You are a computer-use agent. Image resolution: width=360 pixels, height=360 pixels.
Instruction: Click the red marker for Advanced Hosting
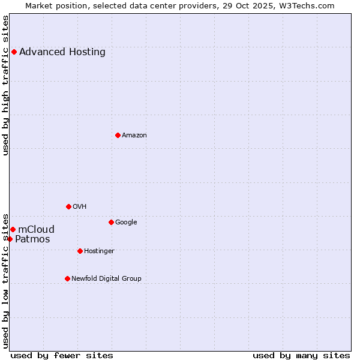pos(14,52)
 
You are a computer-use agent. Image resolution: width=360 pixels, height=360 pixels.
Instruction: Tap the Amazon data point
pos(118,135)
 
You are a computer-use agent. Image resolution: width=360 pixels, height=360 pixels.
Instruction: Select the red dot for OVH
pos(68,206)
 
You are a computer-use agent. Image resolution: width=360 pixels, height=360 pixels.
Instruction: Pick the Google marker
pos(111,222)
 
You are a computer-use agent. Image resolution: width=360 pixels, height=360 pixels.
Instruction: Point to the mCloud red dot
pos(13,229)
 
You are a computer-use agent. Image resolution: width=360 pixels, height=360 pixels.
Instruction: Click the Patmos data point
pos(10,239)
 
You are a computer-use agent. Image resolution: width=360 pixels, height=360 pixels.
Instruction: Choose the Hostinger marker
pos(80,251)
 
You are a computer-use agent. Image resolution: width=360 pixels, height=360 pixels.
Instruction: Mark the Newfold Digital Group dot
pos(67,278)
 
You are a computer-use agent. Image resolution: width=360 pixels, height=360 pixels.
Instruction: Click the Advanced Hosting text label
pos(62,52)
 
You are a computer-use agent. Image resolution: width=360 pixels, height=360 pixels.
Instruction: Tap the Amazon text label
pos(134,135)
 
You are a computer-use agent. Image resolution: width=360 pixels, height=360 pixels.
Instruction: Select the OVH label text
pos(80,206)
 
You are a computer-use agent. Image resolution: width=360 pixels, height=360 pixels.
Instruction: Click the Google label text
pos(126,222)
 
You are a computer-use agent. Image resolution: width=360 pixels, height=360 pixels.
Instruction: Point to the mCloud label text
pos(37,229)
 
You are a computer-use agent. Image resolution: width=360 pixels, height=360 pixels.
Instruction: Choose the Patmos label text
pos(32,239)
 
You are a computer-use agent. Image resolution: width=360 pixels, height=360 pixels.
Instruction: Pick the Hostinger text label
pos(99,251)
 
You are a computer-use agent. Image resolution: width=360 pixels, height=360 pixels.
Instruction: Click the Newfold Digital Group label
pos(106,278)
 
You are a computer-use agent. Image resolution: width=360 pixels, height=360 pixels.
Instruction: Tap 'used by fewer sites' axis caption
pos(62,355)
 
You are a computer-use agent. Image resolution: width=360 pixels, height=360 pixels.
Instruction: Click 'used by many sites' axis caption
pos(301,355)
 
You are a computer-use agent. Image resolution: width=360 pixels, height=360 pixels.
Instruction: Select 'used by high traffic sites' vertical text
pos(6,85)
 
